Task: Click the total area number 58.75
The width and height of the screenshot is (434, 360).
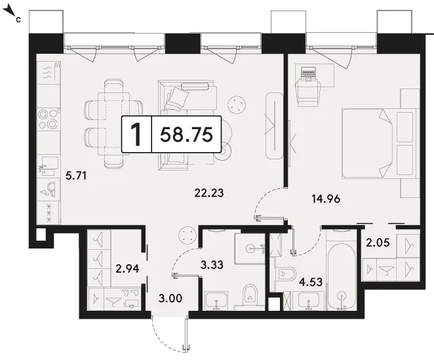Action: [186, 134]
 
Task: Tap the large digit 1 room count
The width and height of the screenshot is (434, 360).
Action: [136, 134]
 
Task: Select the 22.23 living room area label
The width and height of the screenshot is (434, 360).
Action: [209, 193]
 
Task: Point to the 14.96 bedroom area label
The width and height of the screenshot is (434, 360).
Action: [326, 199]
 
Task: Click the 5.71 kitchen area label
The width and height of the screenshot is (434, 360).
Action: [76, 176]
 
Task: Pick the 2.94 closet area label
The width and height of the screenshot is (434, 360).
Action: [127, 268]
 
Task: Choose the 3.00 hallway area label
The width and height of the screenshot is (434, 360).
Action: [170, 298]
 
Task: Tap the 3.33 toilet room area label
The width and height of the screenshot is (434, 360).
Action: [212, 265]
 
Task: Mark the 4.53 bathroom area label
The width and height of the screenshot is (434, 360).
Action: [311, 282]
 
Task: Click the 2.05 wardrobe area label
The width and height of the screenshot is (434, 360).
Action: [378, 243]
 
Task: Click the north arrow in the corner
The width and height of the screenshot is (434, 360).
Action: [9, 12]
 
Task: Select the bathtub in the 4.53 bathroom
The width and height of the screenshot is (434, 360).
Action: [342, 275]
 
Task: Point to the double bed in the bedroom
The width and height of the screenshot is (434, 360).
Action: [380, 144]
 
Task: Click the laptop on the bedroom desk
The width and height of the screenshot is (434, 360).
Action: [308, 73]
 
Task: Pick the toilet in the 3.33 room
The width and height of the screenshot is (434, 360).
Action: [250, 296]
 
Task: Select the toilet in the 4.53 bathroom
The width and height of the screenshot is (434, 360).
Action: [286, 274]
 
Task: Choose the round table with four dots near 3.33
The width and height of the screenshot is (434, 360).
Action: [187, 235]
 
